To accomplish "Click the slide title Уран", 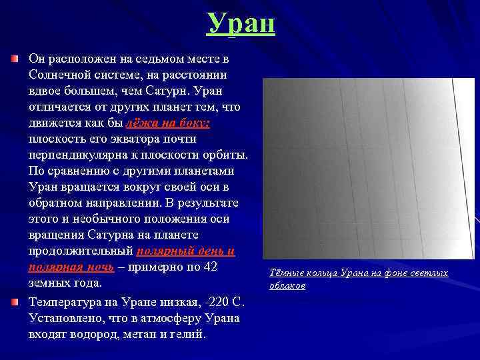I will click(240, 23).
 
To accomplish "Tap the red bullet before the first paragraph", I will click(15, 59).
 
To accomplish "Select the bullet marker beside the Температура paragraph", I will click(15, 302).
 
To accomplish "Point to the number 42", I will click(210, 267).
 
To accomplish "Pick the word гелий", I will click(188, 334).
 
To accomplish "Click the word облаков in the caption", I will click(287, 286).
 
